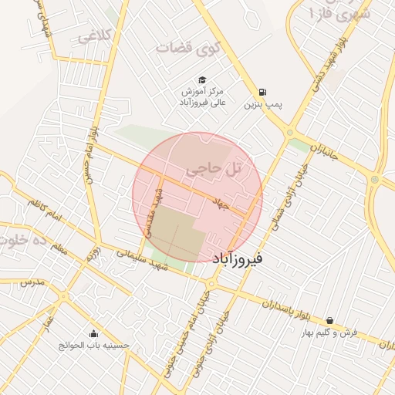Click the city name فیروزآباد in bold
tap(236, 258)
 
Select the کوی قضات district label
tap(188, 48)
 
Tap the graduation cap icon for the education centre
tap(201, 79)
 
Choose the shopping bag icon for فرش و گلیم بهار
tap(330, 320)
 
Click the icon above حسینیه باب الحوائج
tap(94, 334)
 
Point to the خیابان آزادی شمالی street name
tap(282, 197)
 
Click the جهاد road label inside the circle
tap(223, 202)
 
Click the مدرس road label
tap(34, 282)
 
